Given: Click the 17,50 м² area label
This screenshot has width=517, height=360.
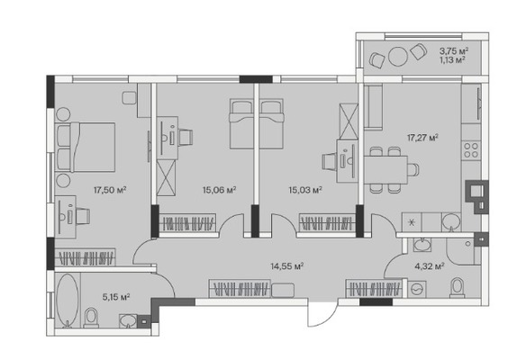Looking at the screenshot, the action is pos(110,190).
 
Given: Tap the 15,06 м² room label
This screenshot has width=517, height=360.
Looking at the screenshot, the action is pos(219,190).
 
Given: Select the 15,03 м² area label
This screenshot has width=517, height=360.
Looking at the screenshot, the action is pos(305,190).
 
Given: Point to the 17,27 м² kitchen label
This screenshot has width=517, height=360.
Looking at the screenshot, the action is pos(422,138).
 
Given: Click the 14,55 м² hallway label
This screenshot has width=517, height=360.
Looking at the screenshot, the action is pos(287,265).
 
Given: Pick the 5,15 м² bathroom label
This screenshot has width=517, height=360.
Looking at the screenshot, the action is pos(116,297).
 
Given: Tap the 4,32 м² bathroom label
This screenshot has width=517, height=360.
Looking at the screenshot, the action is pos(430,265).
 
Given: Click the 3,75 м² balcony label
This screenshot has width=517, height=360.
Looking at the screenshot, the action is pos(454,51).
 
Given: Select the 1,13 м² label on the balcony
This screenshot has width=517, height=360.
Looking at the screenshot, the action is pos(452,59).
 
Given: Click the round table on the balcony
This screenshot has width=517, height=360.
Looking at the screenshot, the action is pos(398,57).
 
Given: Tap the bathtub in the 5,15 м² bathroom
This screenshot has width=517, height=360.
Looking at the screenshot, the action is pos(68,300).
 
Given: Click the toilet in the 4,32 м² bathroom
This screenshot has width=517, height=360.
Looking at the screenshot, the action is pos(457,287).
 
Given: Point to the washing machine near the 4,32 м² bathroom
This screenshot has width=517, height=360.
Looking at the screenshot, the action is pos(417,289).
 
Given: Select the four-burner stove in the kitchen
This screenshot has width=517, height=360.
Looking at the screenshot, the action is pos(471,150).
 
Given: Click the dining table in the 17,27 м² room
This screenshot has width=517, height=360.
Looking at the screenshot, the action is pos(385,170).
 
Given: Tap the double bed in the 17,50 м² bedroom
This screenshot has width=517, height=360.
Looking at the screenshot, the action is pos(86,148).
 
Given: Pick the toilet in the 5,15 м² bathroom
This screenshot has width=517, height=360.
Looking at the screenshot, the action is pos(91,318).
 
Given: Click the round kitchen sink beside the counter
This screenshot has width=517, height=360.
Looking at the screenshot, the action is pos(451,221).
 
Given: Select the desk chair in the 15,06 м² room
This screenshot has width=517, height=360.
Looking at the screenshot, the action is pos(186,138).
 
